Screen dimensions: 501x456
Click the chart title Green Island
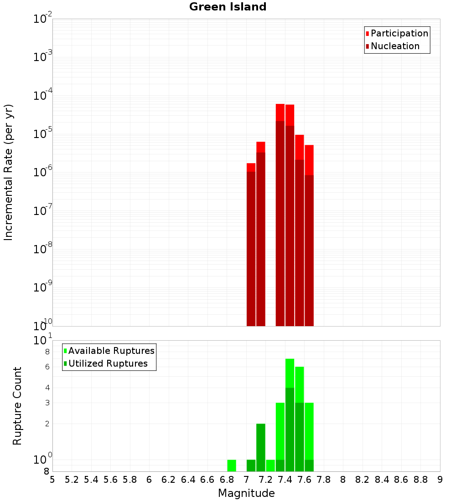(228, 7)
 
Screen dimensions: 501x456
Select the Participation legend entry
(399, 33)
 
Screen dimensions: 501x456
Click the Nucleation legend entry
(395, 46)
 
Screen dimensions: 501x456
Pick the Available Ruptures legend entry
(111, 351)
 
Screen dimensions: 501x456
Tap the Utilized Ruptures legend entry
(108, 363)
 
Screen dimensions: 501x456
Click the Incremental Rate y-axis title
(9, 172)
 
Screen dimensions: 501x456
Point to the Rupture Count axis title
(17, 405)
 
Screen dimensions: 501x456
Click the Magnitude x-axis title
(246, 493)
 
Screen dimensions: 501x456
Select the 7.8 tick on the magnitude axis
(324, 479)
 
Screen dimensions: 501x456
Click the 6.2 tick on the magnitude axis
(169, 479)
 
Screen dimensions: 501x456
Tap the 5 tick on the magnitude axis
(52, 479)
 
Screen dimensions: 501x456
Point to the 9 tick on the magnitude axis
(440, 479)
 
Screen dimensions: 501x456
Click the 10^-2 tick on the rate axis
(43, 19)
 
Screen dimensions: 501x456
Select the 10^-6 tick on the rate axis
(43, 172)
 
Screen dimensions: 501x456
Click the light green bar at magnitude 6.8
(232, 465)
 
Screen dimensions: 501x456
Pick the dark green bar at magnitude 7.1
(261, 447)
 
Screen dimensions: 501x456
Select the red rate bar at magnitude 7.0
(251, 246)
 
